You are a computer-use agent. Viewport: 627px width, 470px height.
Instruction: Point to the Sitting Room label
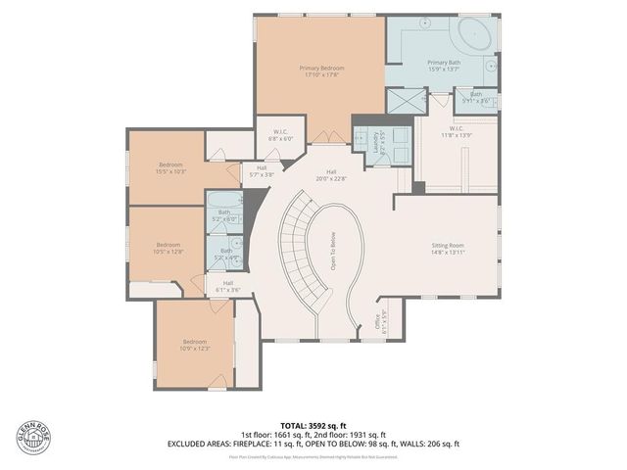coord(448,248)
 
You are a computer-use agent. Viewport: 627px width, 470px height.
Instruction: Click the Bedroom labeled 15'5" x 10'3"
coord(170,167)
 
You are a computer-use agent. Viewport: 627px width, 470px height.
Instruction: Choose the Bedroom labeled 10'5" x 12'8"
coord(169,248)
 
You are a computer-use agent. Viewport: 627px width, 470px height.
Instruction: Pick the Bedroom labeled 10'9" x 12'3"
coord(195,345)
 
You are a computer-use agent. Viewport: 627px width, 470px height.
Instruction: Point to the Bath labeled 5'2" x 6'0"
coord(224,215)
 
